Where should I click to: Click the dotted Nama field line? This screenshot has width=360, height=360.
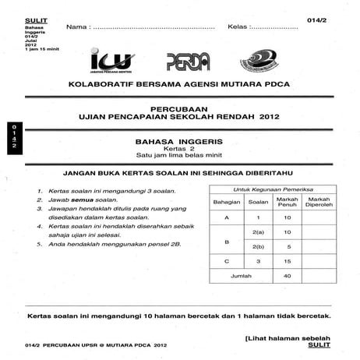coord(153,28)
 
